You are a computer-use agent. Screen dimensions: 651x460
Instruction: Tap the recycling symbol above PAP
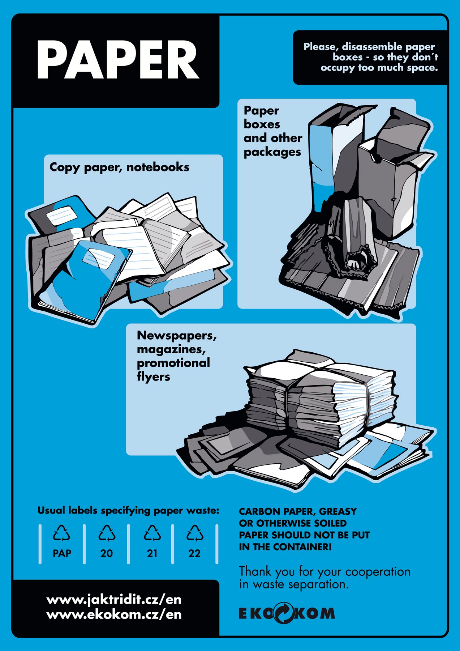click(x=62, y=533)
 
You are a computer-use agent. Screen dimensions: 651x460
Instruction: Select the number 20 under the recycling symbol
click(x=107, y=553)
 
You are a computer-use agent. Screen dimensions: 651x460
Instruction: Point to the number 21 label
click(x=152, y=553)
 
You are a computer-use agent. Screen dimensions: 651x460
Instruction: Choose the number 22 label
click(x=194, y=553)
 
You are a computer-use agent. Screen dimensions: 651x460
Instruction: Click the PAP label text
click(x=62, y=553)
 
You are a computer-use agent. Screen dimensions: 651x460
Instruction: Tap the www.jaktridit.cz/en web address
click(x=114, y=600)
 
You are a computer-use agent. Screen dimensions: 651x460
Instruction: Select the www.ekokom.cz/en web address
click(x=114, y=614)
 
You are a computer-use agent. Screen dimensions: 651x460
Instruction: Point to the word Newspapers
click(x=176, y=336)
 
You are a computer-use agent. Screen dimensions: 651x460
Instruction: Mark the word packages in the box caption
click(x=272, y=152)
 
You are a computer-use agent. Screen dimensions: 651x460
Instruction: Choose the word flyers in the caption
click(x=153, y=377)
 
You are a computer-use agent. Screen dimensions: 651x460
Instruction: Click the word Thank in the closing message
click(x=255, y=571)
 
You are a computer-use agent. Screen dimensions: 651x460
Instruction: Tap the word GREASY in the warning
click(x=338, y=511)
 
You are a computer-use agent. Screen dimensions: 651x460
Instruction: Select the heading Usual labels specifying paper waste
click(x=128, y=511)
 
